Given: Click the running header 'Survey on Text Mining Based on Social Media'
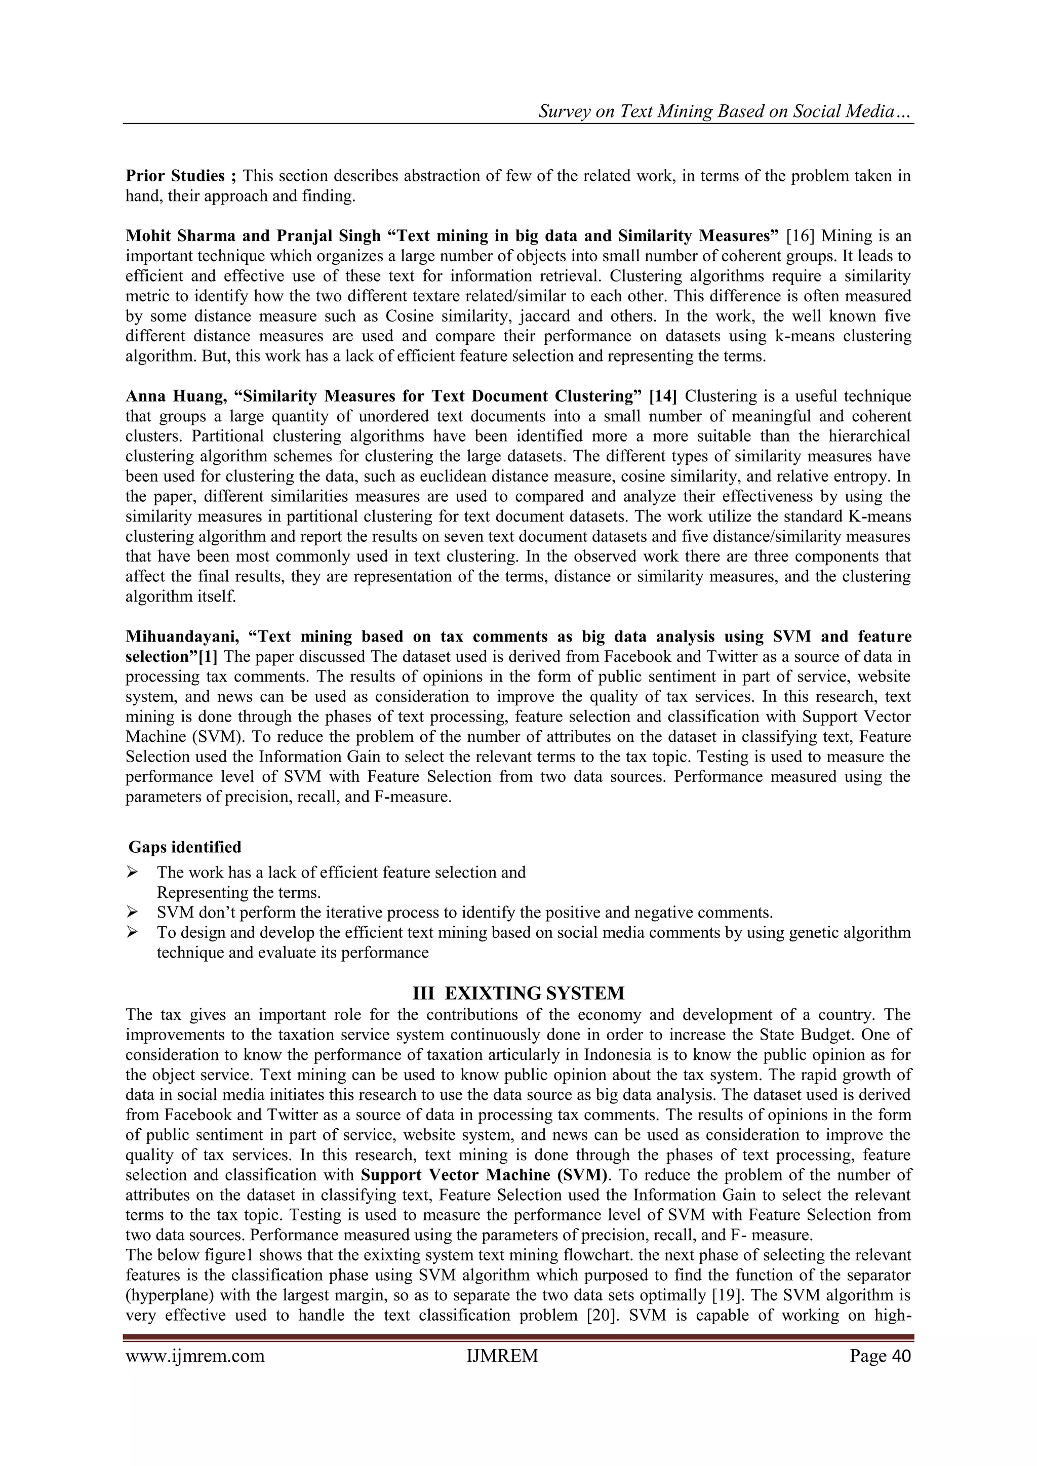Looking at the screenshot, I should point(724,112).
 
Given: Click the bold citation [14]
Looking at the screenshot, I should point(662,397).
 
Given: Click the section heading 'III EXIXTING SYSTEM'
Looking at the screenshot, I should point(518,994).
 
